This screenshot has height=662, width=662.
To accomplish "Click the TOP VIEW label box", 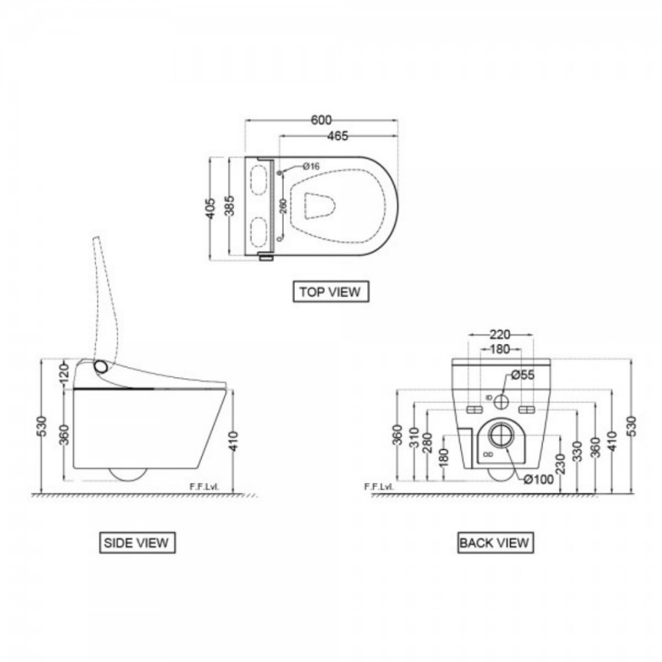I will (x=330, y=292).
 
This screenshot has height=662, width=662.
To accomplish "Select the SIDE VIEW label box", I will (x=136, y=542).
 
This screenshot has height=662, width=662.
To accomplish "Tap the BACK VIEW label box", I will (x=495, y=542).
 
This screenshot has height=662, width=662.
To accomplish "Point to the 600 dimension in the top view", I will (x=321, y=120).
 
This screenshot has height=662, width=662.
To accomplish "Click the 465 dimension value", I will (x=337, y=136).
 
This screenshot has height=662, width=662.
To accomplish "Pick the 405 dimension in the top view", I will (x=211, y=208).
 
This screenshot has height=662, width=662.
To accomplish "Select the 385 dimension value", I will (x=230, y=206).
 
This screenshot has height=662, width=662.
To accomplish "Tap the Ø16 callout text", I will (x=311, y=167).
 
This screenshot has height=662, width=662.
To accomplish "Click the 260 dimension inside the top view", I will (x=283, y=207).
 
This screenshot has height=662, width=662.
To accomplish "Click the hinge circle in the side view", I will (x=101, y=367).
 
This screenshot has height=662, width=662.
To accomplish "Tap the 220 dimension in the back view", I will (x=500, y=334).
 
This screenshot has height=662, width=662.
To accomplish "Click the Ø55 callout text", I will (x=522, y=375).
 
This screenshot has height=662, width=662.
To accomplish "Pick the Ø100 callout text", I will (x=538, y=479).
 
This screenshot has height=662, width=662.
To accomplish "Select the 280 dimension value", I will (x=427, y=443).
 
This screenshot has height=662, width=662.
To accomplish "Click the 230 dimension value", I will (x=560, y=464).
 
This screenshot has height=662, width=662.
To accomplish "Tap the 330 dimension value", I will (x=577, y=450).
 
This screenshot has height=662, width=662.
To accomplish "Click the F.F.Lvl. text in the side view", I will (x=206, y=486).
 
